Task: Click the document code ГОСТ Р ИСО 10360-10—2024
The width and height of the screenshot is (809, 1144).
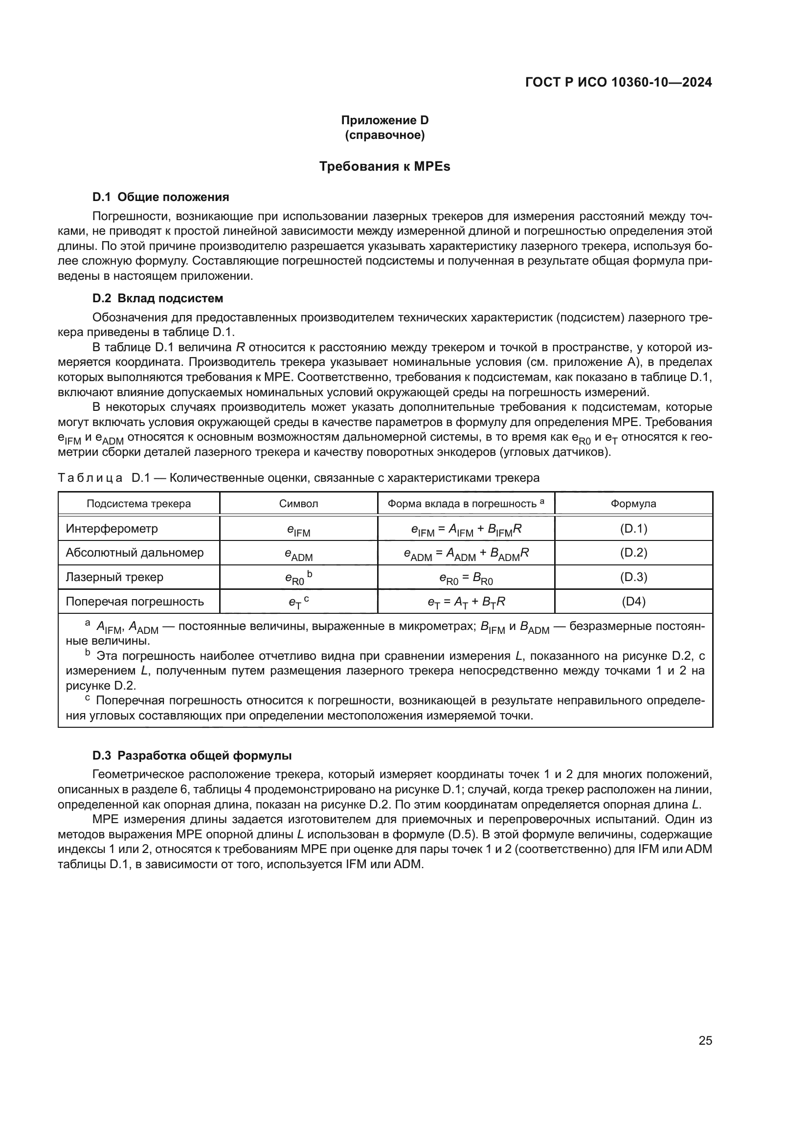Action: coord(618,82)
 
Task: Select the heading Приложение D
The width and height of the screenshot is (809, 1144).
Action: coord(384,120)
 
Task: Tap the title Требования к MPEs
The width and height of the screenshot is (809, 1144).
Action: coord(384,166)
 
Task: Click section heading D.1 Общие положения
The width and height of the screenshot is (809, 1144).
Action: coord(160,197)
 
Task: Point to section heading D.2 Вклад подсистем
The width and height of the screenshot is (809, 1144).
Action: coord(157,298)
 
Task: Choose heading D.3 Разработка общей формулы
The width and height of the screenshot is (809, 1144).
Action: coord(192,755)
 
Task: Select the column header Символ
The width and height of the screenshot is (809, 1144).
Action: coord(298,504)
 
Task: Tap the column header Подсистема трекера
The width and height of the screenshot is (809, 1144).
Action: coord(138,504)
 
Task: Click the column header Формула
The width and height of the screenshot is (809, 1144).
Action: coord(633,504)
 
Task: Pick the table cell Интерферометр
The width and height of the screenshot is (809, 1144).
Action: coord(112,529)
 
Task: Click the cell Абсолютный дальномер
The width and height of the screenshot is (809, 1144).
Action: coord(135,553)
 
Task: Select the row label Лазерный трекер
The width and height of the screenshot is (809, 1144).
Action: coord(114,577)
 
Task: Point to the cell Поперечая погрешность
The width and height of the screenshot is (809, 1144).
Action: coord(135,602)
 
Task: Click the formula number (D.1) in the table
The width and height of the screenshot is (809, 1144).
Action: coord(633,529)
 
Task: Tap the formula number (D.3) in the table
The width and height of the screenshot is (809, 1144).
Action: coord(633,577)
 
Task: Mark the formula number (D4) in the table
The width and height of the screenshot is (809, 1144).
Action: coord(633,602)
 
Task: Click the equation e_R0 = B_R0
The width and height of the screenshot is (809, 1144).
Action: coord(466,578)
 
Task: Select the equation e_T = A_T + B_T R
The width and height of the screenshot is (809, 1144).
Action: coord(466,602)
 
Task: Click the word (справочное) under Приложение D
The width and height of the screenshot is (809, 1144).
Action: coord(384,135)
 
